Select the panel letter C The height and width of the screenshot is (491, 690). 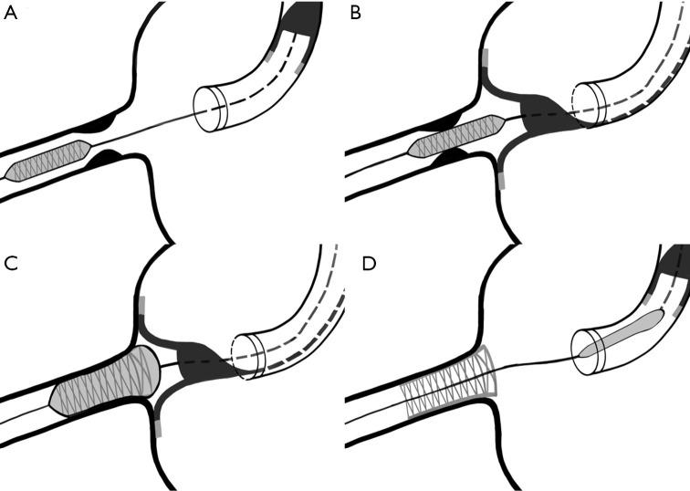11,263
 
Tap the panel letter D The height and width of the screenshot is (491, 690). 354,263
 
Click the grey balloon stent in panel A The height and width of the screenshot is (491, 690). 47,163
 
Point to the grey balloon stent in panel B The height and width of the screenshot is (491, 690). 456,133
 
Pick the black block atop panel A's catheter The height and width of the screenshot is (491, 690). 302,17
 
